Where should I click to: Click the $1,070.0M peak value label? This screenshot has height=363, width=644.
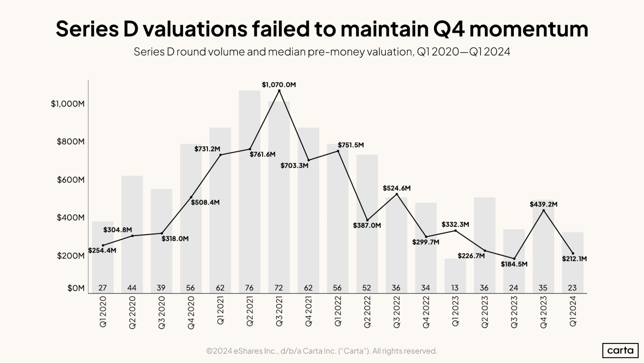pos(279,85)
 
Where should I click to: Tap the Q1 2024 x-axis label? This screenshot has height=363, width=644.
pos(573,311)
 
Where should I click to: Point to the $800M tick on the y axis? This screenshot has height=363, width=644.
pos(71,142)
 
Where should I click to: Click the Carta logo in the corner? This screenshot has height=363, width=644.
pos(620,350)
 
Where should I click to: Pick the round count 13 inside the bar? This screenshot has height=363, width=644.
pos(455,288)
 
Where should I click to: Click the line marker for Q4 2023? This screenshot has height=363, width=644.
pos(543,210)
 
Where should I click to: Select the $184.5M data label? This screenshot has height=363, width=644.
pos(514,264)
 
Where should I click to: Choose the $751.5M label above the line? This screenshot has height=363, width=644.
pos(351,145)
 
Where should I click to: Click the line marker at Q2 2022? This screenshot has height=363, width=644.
pos(367,220)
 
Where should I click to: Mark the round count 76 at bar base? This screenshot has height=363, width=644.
pos(249,288)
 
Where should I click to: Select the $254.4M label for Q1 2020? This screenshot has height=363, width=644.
pos(102,250)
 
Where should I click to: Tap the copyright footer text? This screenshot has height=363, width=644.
pos(322,351)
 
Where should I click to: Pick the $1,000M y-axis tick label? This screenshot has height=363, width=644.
pos(68,104)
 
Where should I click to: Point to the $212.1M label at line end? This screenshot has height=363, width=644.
pos(574,259)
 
